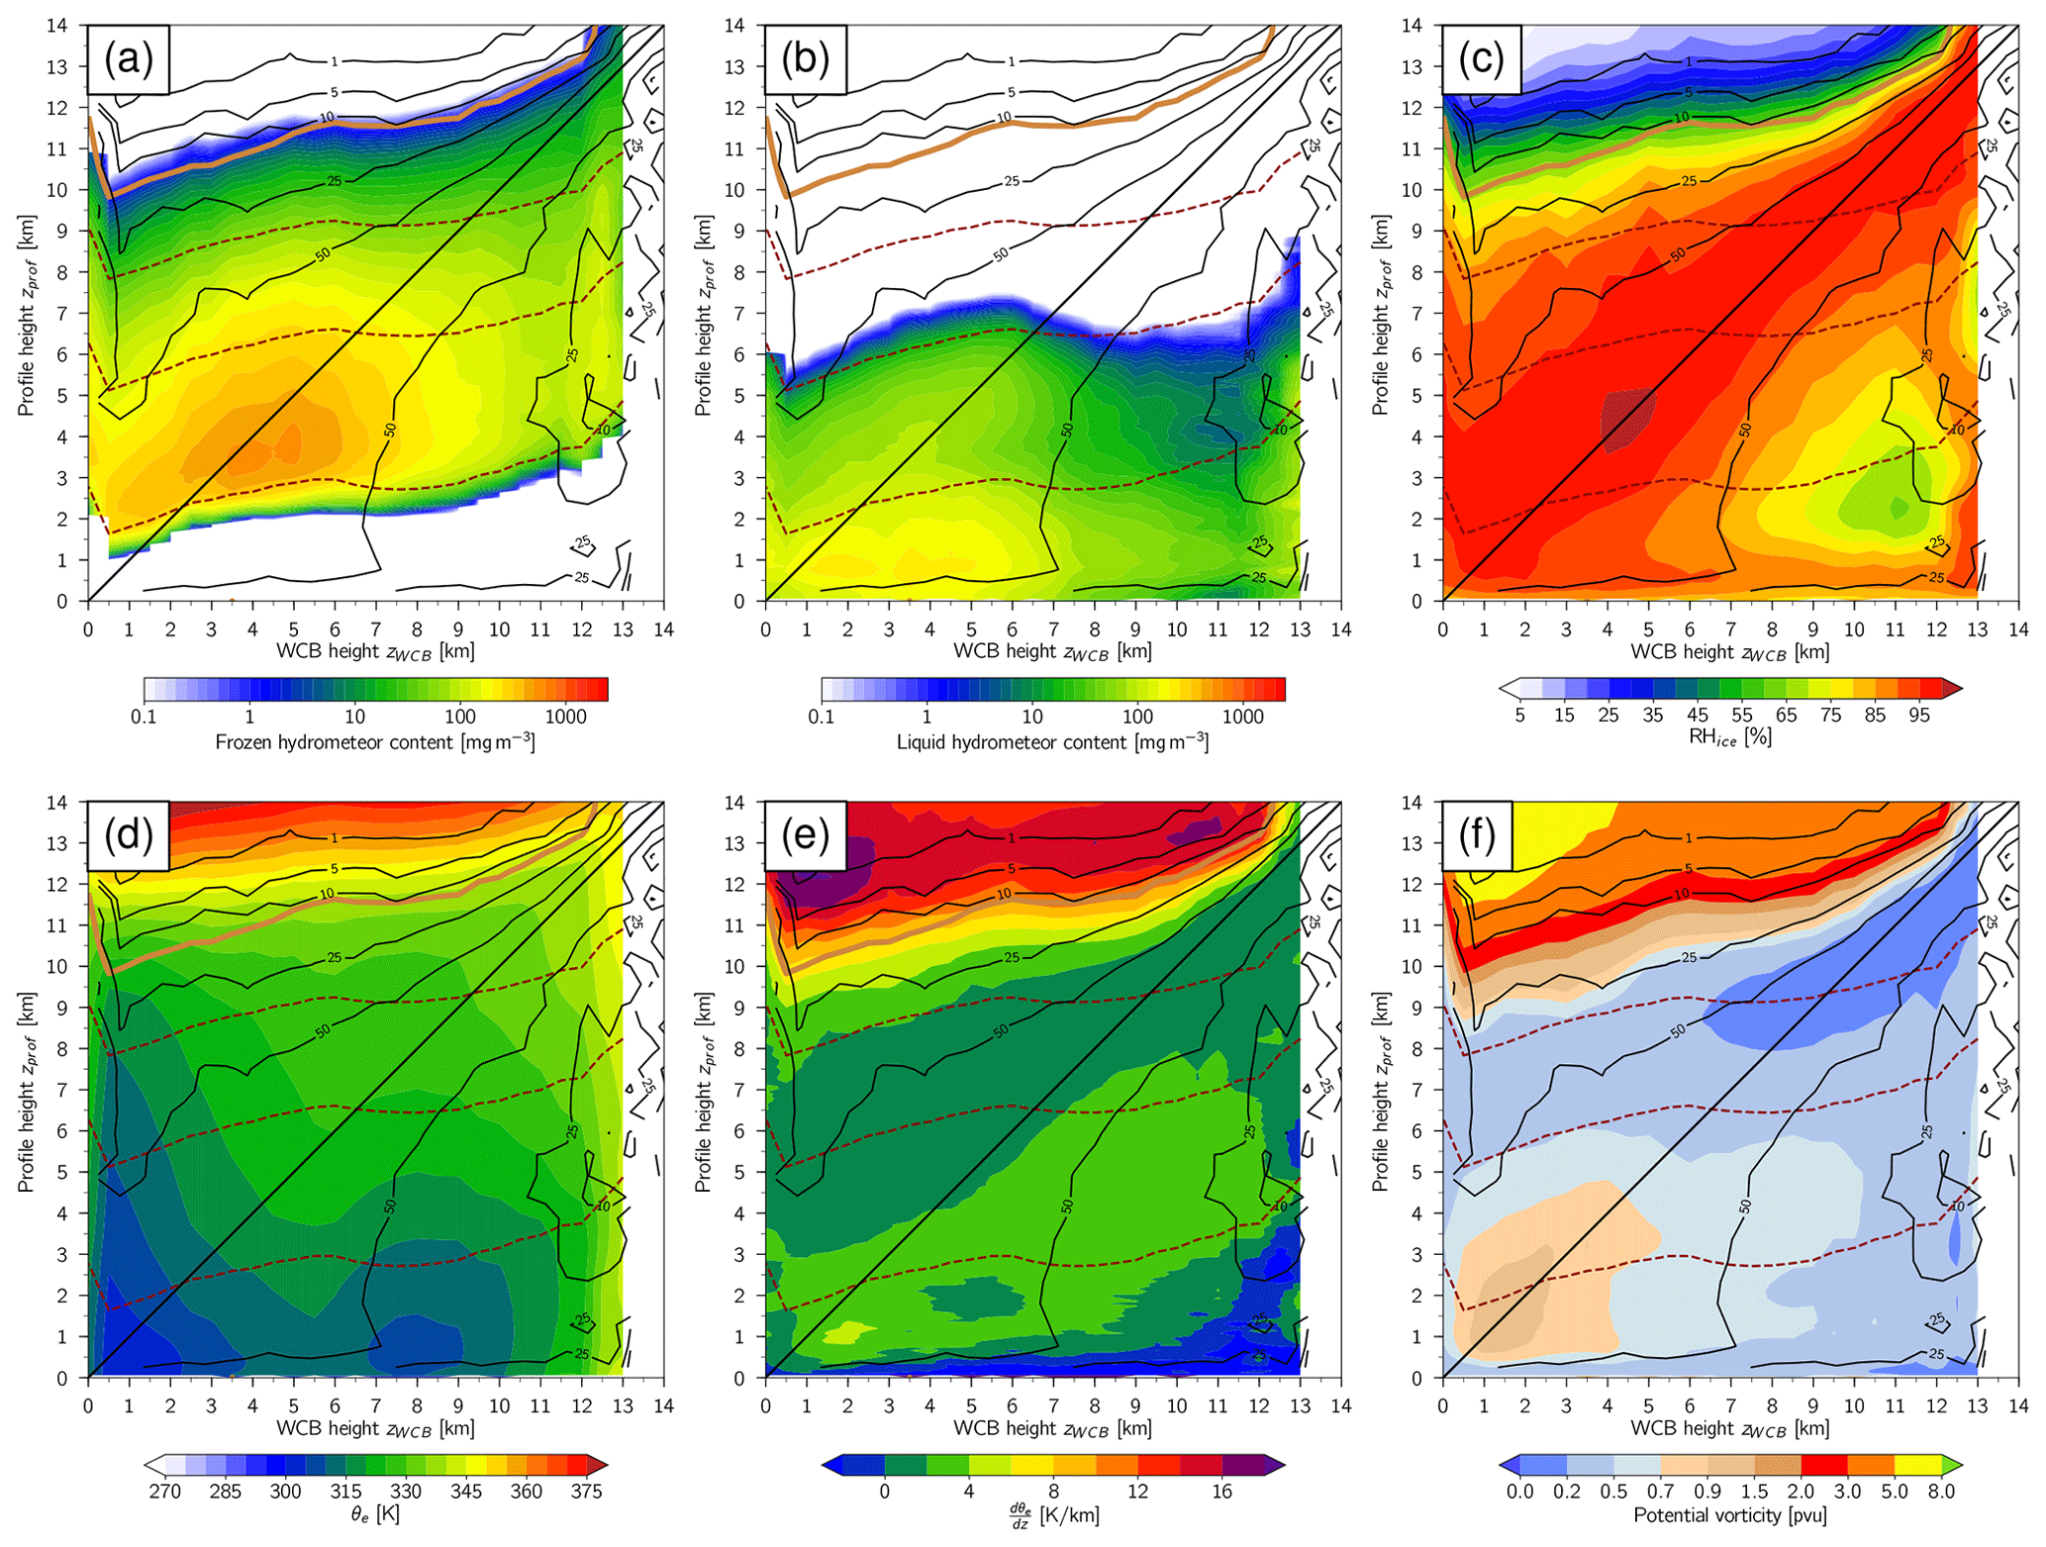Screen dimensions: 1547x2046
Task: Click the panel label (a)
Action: tap(129, 60)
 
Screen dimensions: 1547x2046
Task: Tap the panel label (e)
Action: tap(806, 836)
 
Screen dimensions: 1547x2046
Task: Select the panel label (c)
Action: tap(1482, 60)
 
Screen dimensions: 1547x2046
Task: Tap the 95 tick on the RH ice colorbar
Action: tap(1918, 716)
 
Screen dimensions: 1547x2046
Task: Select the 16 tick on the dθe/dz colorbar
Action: tap(1221, 1492)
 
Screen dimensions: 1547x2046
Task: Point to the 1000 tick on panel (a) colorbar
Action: tap(565, 716)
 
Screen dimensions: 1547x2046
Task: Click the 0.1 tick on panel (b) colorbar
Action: tap(822, 716)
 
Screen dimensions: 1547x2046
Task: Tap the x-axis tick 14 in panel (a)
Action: tap(663, 629)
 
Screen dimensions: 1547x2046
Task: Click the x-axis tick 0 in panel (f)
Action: tap(1442, 1405)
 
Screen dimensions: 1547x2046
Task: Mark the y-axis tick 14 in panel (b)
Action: tap(733, 26)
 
